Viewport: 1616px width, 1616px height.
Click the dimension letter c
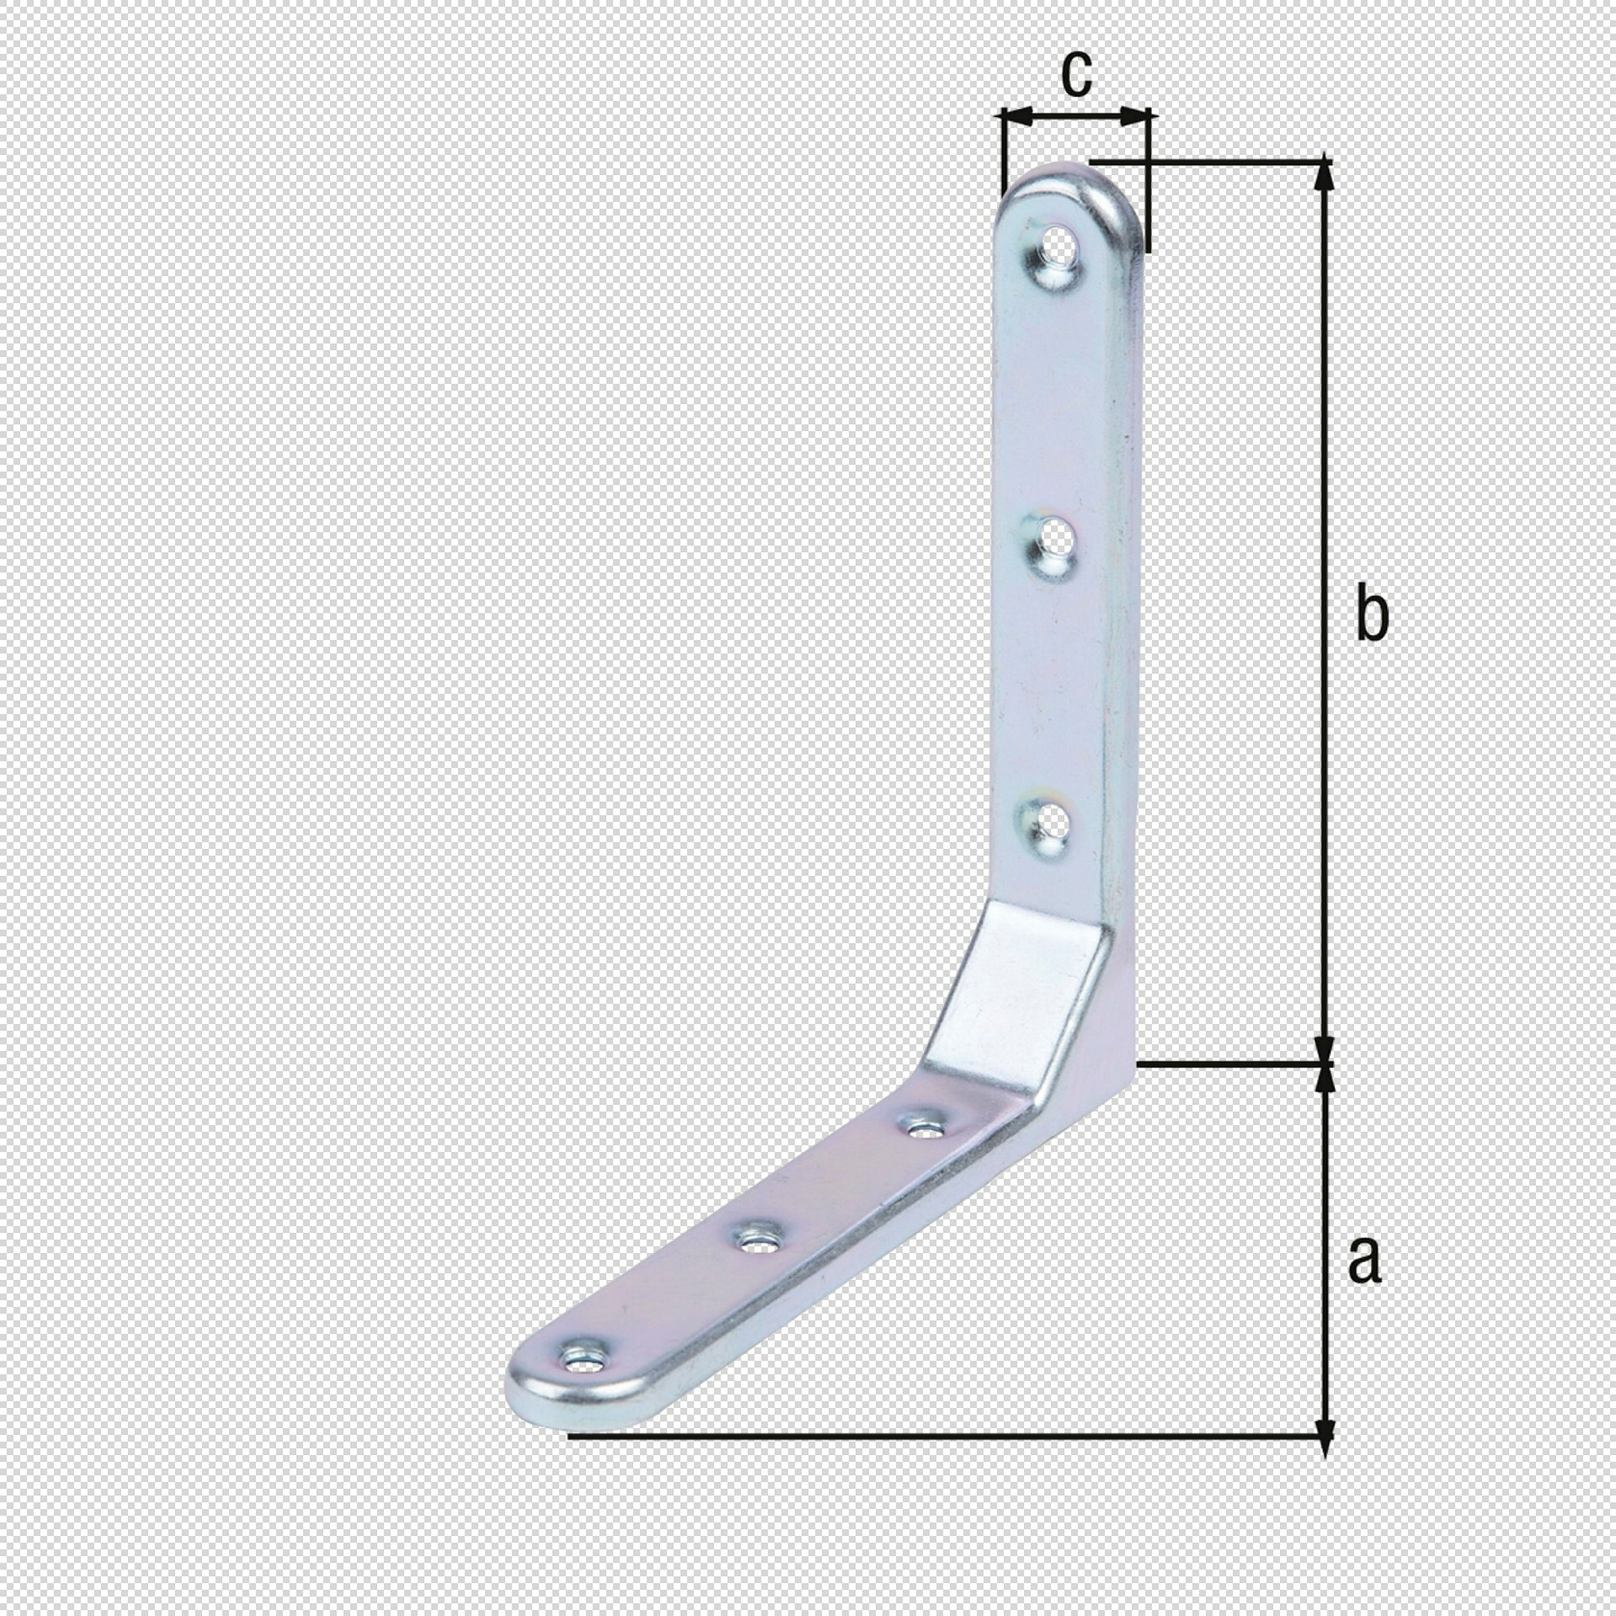point(1076,73)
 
